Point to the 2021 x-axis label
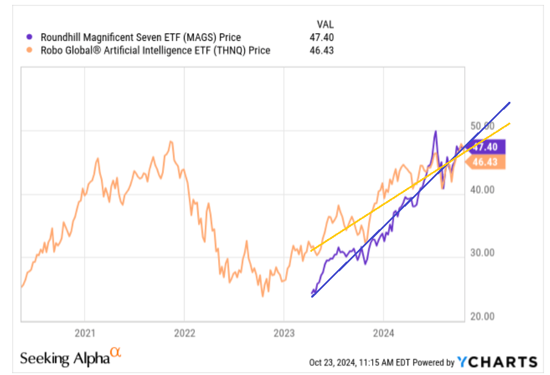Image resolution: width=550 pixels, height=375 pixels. pyautogui.click(x=85, y=333)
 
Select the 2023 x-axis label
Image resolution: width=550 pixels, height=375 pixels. pyautogui.click(x=284, y=333)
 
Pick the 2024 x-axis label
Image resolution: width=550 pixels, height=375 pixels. pyautogui.click(x=383, y=333)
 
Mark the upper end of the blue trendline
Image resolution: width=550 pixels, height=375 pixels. pyautogui.click(x=509, y=103)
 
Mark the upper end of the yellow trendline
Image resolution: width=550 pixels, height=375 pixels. pyautogui.click(x=509, y=124)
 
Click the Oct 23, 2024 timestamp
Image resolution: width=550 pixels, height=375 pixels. pyautogui.click(x=350, y=363)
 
